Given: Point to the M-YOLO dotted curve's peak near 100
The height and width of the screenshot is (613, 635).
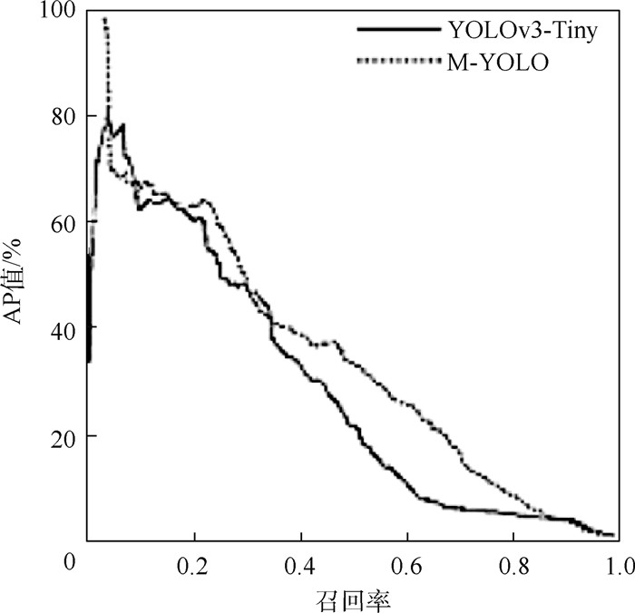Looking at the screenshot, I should [105, 20].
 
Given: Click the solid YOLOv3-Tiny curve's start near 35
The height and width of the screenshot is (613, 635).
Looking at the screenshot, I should [89, 360].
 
